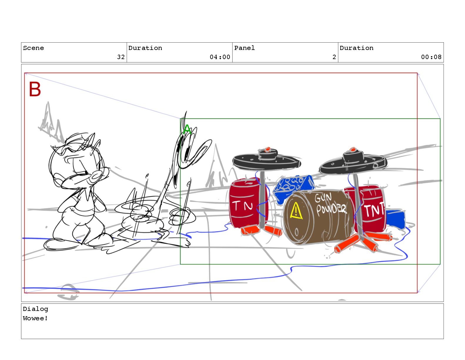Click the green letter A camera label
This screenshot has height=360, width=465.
pos(187,129)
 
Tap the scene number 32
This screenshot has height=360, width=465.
pos(121,57)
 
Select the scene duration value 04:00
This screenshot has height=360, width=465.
pos(220,57)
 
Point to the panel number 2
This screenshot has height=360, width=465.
pos(334,57)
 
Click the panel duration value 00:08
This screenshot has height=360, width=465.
pos(431,57)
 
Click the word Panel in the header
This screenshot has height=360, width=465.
pos(244,48)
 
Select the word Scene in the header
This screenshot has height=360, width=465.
pos(34,48)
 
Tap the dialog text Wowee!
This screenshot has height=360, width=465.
pos(35,318)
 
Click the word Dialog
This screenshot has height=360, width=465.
pos(36,309)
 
